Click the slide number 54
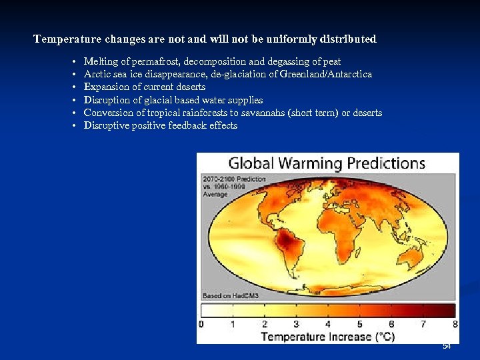(x=447, y=346)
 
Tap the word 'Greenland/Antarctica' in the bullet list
(x=327, y=74)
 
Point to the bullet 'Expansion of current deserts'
(x=144, y=87)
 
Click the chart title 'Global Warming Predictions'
(x=327, y=163)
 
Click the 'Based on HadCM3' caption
(x=231, y=295)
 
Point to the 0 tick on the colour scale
(x=201, y=325)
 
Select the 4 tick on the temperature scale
(x=328, y=325)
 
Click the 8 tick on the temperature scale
(x=455, y=325)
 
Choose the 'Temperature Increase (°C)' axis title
(x=327, y=337)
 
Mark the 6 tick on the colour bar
(x=391, y=325)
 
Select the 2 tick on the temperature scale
(x=265, y=325)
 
